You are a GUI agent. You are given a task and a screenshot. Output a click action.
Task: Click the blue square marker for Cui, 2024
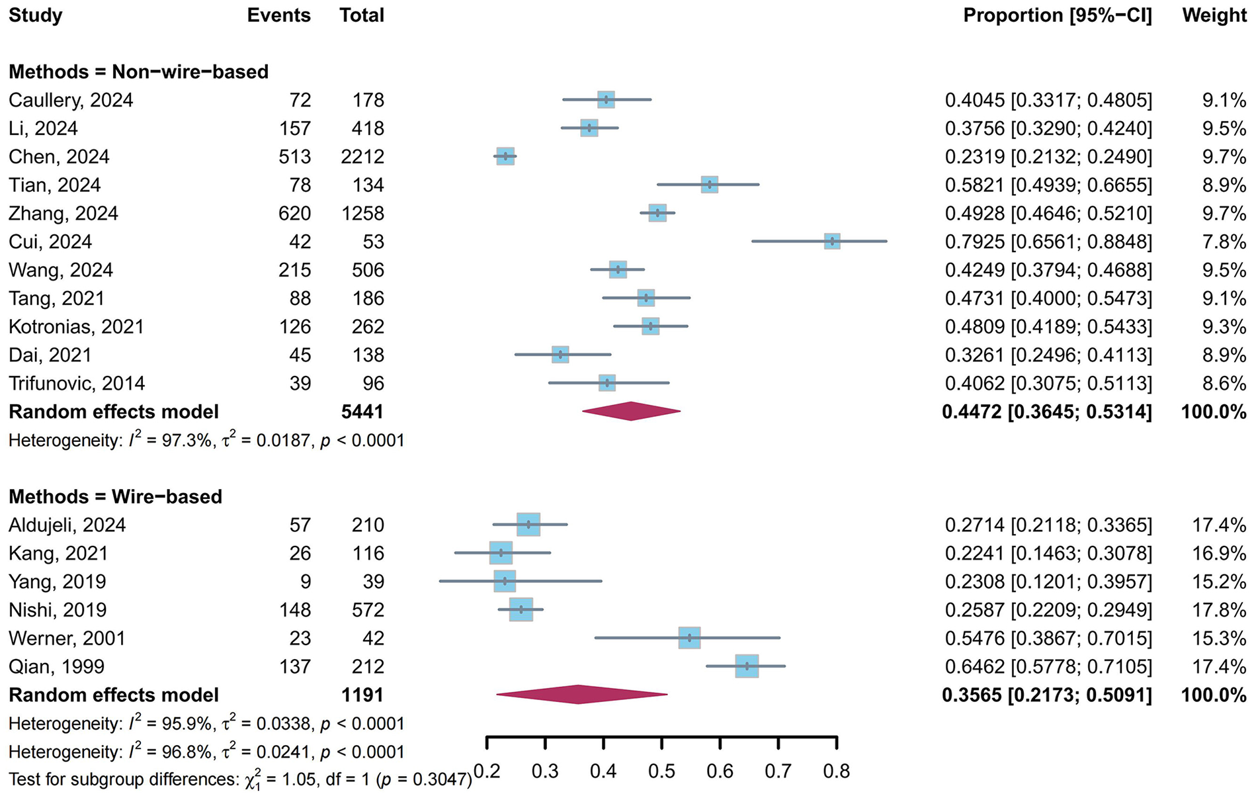832,242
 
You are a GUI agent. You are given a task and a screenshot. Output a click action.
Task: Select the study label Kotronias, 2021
76,327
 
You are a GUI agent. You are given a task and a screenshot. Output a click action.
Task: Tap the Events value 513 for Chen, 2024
294,157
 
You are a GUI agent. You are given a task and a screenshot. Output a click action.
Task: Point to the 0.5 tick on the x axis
662,771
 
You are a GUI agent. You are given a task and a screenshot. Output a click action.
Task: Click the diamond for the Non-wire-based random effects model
631,412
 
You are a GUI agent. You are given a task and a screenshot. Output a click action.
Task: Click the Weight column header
1214,16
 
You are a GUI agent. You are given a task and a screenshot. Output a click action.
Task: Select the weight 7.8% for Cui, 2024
1224,242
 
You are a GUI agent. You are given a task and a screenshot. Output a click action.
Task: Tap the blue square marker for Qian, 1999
747,666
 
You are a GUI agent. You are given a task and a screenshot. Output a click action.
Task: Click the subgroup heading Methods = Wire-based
115,497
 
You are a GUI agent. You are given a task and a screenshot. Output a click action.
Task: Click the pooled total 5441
362,412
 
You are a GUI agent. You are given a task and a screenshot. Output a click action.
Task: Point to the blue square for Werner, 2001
689,638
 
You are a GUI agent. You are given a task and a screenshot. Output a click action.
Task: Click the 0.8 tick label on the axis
837,771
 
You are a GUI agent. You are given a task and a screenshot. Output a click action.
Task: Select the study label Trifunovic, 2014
77,384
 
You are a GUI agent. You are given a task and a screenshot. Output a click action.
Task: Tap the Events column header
278,16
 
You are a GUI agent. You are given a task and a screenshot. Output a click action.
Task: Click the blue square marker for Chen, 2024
505,157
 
